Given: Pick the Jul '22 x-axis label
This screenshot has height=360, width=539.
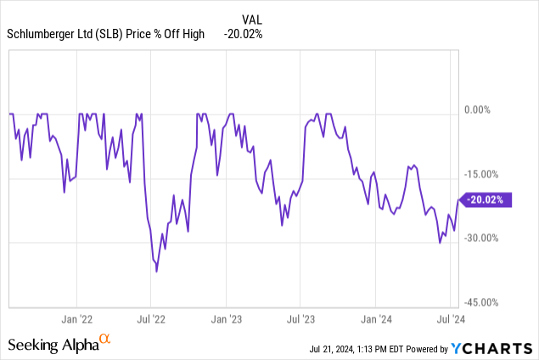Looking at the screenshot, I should pos(150,320).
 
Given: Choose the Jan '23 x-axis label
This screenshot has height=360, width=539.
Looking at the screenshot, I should pos(226,320).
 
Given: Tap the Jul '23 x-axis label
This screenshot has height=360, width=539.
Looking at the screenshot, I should pos(300,320).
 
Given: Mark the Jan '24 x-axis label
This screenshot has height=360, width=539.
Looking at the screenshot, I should pos(375,320).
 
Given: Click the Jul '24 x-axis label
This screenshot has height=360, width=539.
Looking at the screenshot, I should pos(450,320).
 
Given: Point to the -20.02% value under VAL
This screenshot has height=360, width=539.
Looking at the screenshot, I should pos(243,34).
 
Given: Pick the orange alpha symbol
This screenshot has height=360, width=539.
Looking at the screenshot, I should pos(105,340).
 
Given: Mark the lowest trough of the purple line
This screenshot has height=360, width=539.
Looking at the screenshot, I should pos(157,272).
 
